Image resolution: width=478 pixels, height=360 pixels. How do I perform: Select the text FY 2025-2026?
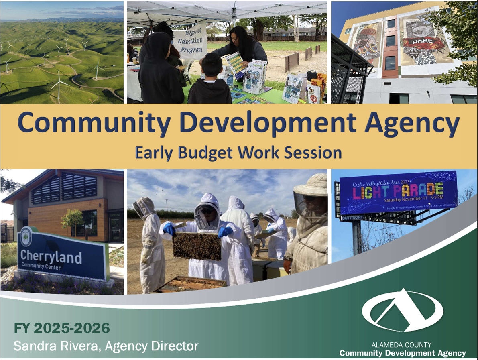point(62,328)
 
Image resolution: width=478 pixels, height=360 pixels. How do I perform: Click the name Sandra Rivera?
point(57,346)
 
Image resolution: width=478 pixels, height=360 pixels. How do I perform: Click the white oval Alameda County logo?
point(403,309)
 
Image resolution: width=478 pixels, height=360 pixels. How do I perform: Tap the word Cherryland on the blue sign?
point(51,257)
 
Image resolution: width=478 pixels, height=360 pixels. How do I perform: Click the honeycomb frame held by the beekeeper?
point(197,245)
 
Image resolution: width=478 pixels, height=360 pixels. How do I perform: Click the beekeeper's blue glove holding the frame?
point(225,232)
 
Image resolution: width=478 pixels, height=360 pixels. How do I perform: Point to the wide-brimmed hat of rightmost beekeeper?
point(312,185)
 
